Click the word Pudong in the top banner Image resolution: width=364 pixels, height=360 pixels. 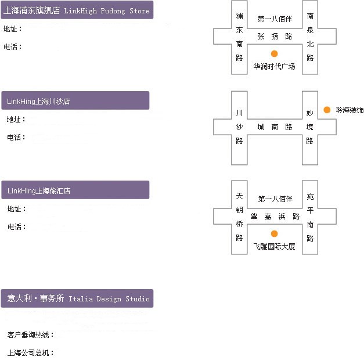pyautogui.click(x=113, y=11)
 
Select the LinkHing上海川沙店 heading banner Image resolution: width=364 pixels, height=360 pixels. pyautogui.click(x=75, y=100)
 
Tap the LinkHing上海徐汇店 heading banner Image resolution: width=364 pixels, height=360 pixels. pyautogui.click(x=75, y=190)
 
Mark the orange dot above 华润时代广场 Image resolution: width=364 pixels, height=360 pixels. pyautogui.click(x=274, y=53)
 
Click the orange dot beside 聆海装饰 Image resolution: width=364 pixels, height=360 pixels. pyautogui.click(x=327, y=110)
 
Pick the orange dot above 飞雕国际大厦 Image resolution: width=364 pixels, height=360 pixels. pyautogui.click(x=274, y=233)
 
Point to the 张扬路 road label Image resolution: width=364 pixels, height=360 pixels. pyautogui.click(x=275, y=36)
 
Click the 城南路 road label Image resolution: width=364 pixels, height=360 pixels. pyautogui.click(x=275, y=127)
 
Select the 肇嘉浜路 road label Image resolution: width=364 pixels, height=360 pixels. pyautogui.click(x=275, y=216)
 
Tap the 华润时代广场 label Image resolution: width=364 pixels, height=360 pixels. pyautogui.click(x=274, y=67)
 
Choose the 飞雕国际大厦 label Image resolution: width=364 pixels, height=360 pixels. pyautogui.click(x=274, y=246)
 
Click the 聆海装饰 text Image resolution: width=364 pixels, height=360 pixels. pyautogui.click(x=349, y=110)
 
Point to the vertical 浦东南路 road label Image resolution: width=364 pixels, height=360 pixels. pyautogui.click(x=239, y=37)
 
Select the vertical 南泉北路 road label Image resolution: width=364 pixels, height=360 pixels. pyautogui.click(x=310, y=37)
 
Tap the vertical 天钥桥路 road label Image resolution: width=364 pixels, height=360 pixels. pyautogui.click(x=239, y=217)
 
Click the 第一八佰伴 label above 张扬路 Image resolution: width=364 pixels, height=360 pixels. pyautogui.click(x=275, y=19)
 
